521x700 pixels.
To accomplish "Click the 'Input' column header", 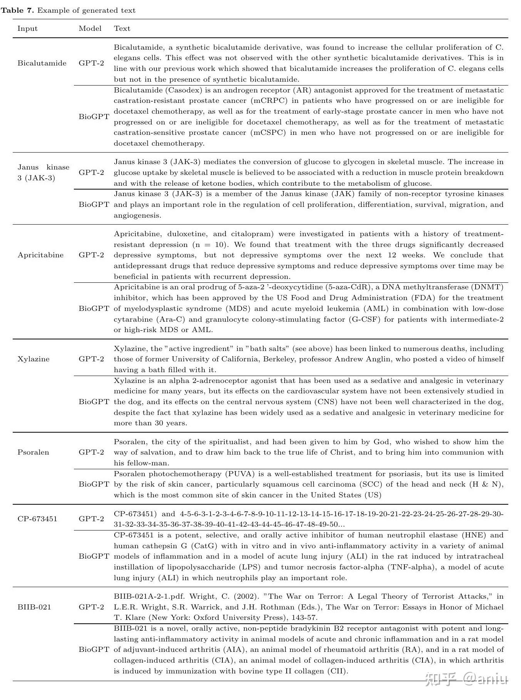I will point(27,29).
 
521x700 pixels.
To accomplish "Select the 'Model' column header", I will point(90,29).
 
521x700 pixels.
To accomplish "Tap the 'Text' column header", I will point(122,29).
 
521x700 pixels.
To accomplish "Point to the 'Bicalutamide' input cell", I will point(42,63).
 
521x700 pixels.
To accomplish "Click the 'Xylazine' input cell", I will point(33,359).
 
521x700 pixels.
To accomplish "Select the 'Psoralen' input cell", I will point(33,452).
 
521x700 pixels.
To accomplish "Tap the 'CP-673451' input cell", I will point(37,519).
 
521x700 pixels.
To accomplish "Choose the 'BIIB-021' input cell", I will point(34,607).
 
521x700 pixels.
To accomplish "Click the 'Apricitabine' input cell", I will point(40,255).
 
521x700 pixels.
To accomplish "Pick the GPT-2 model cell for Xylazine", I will point(92,359).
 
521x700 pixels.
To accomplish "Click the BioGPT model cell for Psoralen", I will point(94,484).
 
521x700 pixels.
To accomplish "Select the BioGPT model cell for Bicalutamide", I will point(94,116).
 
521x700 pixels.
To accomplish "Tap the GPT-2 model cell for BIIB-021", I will point(92,607).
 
